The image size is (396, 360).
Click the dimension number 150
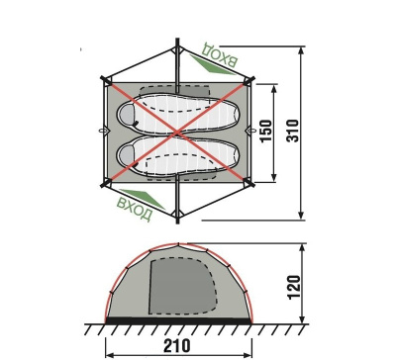click(x=266, y=131)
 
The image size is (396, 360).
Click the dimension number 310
click(x=293, y=131)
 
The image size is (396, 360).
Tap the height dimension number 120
click(x=294, y=287)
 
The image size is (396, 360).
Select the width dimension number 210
click(x=177, y=345)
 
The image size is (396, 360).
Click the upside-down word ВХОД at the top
click(x=220, y=54)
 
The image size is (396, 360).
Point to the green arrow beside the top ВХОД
click(x=211, y=64)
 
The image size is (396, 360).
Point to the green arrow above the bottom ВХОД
click(x=142, y=199)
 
